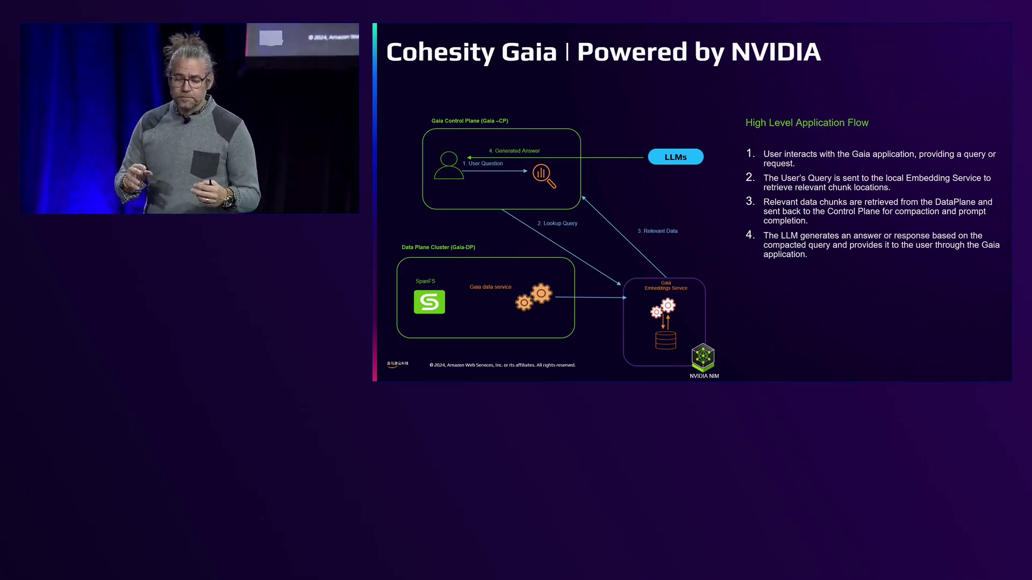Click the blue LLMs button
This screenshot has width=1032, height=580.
tap(676, 157)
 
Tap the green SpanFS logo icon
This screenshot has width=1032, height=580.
tap(429, 302)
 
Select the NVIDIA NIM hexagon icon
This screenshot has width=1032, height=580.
tap(703, 357)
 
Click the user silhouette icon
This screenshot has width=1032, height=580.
tap(449, 165)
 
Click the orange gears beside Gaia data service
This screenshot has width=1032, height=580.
tap(534, 297)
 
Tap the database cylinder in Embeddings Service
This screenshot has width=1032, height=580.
tap(665, 340)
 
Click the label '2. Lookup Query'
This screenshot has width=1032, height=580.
tap(557, 223)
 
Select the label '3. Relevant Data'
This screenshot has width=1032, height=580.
tap(657, 231)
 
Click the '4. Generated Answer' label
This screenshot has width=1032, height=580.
tap(514, 151)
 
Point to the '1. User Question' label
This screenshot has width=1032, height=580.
tap(483, 164)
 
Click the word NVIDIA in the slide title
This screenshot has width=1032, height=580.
tap(776, 52)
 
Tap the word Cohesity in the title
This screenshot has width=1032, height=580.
tap(440, 53)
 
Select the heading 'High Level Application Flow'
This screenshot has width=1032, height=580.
tap(807, 123)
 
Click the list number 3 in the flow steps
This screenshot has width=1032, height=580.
tap(750, 201)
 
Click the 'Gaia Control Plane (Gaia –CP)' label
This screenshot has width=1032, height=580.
tap(470, 121)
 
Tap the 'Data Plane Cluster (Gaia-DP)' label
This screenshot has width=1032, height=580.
tap(438, 248)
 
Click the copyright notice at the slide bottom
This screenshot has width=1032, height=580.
tap(502, 365)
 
